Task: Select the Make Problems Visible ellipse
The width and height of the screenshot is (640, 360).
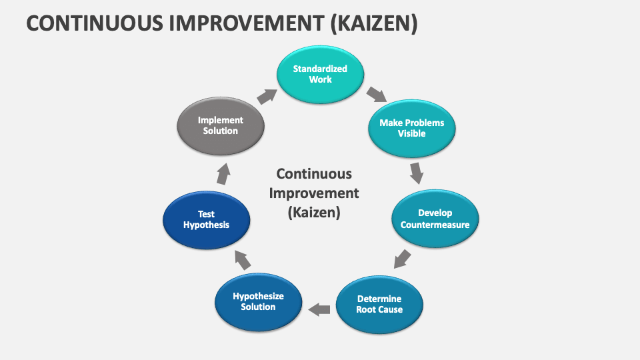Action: (x=411, y=129)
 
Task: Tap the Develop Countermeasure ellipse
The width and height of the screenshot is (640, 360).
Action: (x=435, y=219)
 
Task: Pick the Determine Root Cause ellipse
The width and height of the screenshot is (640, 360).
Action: (x=379, y=304)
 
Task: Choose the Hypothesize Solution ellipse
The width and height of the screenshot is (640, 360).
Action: (x=258, y=302)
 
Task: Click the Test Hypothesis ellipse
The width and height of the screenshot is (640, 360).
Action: (x=206, y=220)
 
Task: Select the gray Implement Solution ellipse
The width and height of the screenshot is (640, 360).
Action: (x=220, y=126)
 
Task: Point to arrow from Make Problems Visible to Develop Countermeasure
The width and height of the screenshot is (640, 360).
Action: (x=417, y=173)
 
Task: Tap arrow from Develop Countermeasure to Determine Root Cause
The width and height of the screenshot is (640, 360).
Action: (x=402, y=258)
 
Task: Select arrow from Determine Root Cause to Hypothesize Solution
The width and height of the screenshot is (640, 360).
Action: (x=319, y=309)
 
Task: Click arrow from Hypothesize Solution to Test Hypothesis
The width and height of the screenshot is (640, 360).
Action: (x=243, y=260)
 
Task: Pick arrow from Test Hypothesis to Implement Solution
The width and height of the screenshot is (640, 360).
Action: (x=224, y=175)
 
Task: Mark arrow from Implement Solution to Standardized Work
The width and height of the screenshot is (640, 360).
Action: (x=267, y=95)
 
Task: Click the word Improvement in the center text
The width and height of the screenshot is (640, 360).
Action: (x=313, y=193)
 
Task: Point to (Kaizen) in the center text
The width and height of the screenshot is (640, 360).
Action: (x=313, y=213)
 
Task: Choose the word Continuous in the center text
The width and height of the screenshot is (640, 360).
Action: (x=313, y=174)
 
